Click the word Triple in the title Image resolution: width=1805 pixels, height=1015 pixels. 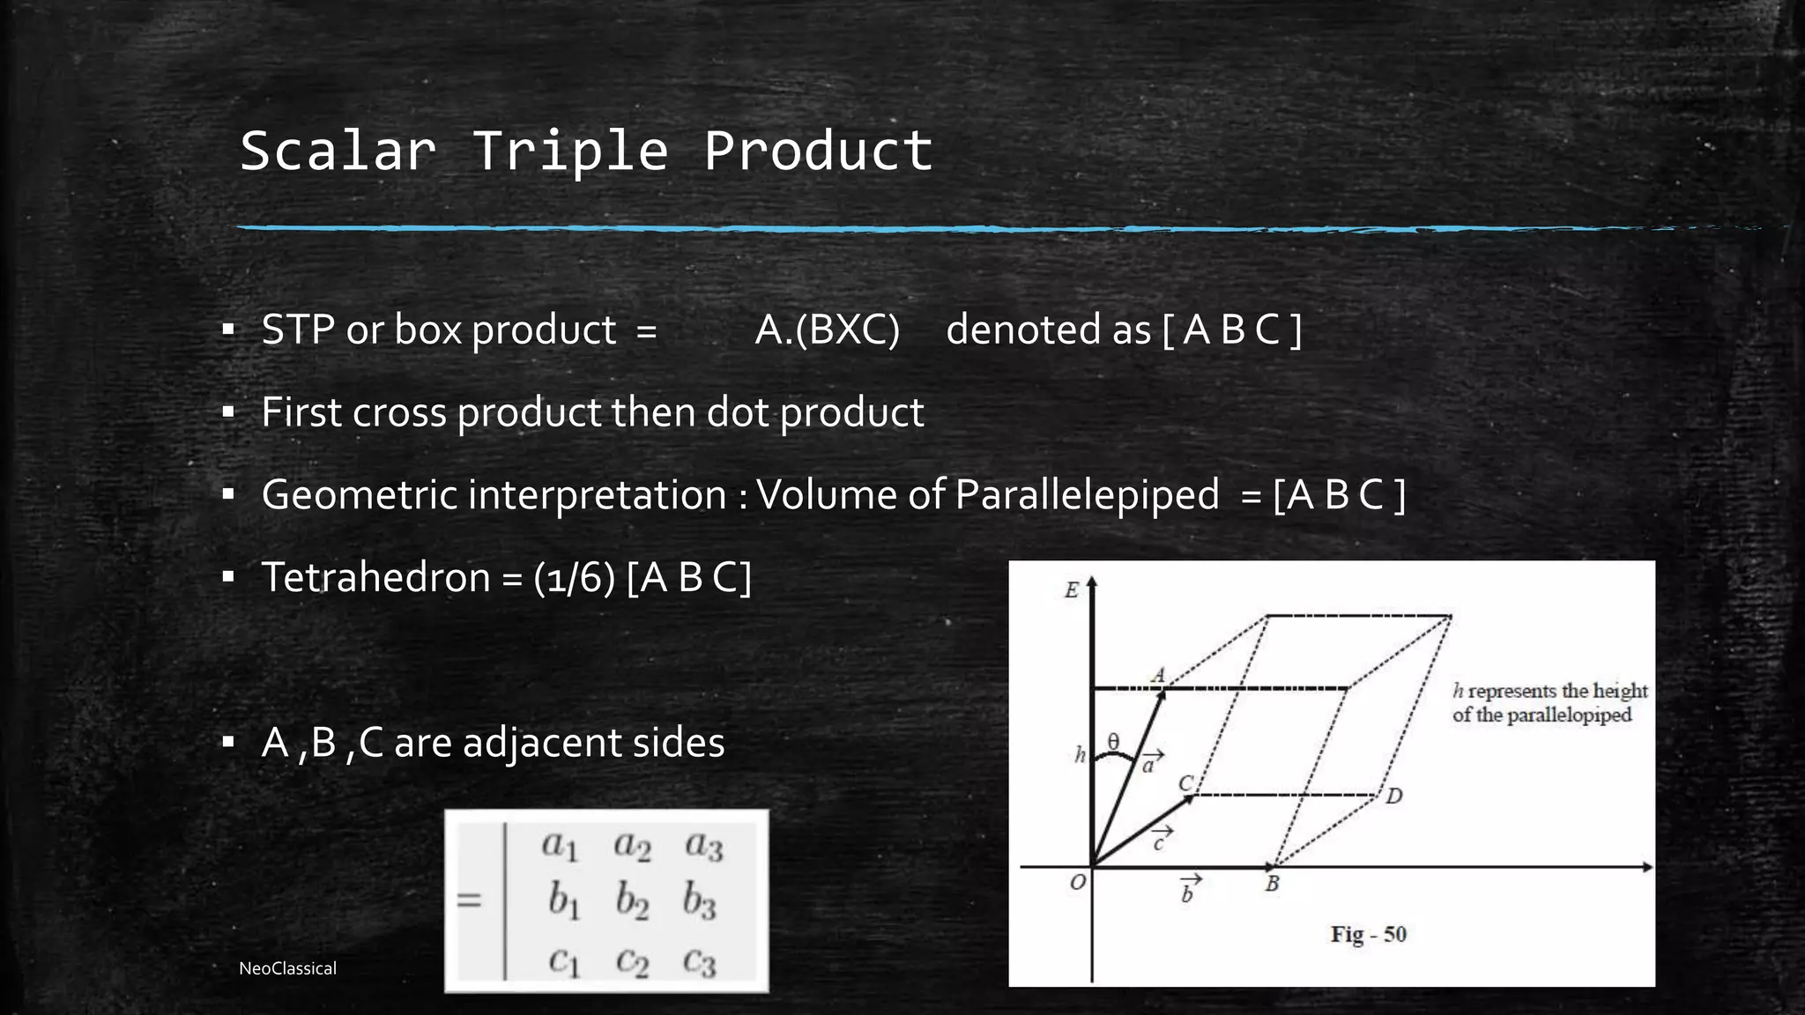570,151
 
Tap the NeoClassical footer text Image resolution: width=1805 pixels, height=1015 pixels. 287,968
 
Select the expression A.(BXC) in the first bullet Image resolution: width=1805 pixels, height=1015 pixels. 827,330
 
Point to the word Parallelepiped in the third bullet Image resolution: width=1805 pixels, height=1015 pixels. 1087,495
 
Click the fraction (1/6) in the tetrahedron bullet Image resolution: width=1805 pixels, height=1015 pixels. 574,578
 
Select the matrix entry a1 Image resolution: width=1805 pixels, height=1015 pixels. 560,846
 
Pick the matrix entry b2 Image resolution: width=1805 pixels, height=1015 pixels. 632,901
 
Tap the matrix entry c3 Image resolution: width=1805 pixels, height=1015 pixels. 701,961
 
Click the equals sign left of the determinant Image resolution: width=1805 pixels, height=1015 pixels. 470,900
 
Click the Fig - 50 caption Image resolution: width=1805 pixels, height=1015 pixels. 1368,934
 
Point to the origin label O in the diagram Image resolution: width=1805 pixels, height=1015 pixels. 1077,882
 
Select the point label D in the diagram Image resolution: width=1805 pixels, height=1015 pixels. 1393,796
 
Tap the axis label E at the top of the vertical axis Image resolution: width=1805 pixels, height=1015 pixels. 1072,590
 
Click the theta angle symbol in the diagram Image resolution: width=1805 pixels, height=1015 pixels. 1113,742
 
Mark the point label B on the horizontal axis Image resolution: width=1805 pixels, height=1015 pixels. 1272,884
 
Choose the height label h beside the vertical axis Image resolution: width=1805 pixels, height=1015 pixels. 1080,754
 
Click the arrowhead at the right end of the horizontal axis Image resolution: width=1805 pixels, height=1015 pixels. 1646,867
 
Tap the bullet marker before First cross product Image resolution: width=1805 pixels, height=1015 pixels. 228,412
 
